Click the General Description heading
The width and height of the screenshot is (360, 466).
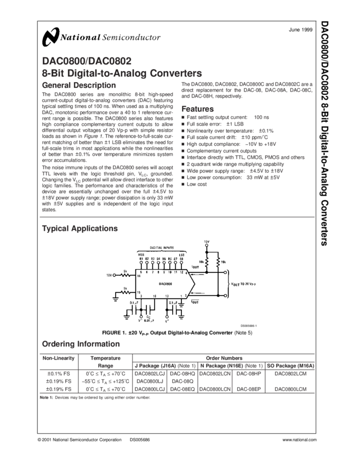coord(78,86)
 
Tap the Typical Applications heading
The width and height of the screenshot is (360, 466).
coord(79,228)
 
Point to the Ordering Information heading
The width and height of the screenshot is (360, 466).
coord(81,344)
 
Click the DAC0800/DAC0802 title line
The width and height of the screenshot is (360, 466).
coord(86,61)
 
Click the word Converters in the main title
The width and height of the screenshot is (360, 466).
coord(173,73)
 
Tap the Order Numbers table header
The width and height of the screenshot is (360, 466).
coord(225,356)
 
